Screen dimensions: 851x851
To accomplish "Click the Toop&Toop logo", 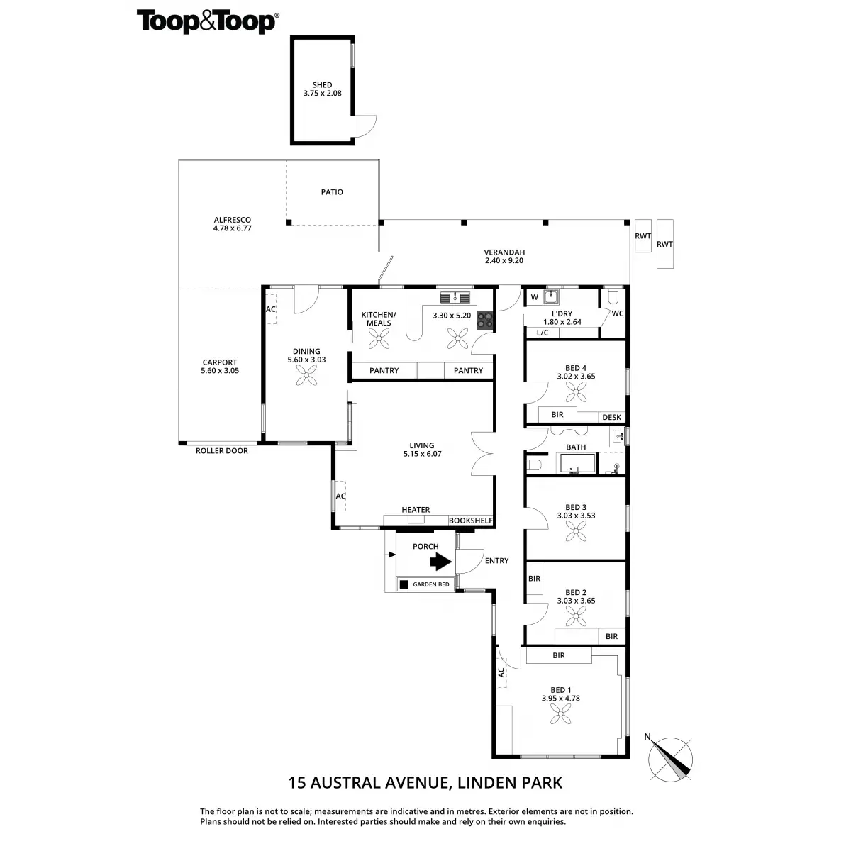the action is pos(208,22).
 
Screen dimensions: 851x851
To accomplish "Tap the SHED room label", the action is pos(322,85).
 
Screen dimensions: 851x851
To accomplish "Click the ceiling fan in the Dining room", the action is pos(306,375).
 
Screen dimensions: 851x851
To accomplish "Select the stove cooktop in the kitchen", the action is pos(484,320).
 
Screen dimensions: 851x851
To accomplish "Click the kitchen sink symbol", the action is pos(455,298).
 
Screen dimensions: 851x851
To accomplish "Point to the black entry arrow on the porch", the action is pos(440,562).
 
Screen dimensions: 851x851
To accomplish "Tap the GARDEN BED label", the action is pos(430,584).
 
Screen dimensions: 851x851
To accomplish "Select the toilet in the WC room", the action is pos(613,296).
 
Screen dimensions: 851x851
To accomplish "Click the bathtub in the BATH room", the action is pos(577,463).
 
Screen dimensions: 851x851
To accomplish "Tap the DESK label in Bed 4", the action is pos(611,417).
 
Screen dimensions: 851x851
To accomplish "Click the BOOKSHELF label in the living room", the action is pos(470,521).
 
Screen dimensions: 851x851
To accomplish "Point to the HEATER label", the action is pos(416,510).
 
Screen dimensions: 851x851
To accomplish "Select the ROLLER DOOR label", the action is pos(222,451).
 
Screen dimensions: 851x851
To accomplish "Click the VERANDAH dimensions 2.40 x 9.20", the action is pos(504,260).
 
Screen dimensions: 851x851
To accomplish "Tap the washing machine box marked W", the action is pos(535,297).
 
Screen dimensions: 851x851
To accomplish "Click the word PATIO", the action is pos(332,192).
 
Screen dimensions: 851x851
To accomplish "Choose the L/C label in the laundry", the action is pos(543,333).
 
